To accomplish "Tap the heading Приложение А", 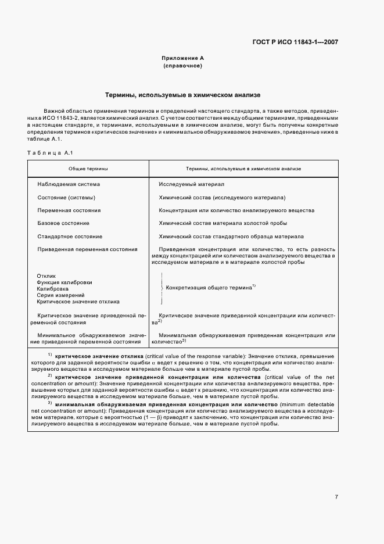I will pos(182,58).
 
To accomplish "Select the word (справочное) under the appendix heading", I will pos(182,66).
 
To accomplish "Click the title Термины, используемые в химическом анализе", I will pos(182,94).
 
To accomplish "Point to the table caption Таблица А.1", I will pos(49,152).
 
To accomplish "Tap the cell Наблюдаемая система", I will pos(69,184).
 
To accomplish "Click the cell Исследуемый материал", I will pos(191,184).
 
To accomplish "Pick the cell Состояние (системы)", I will pos(66,197).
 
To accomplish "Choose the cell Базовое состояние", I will pos(63,223).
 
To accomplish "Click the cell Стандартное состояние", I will pos(70,237).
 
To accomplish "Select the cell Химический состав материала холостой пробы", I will pos(222,223).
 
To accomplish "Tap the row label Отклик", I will pos(46,275).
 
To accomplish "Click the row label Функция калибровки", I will pos(64,282).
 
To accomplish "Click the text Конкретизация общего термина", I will pos(209,287).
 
